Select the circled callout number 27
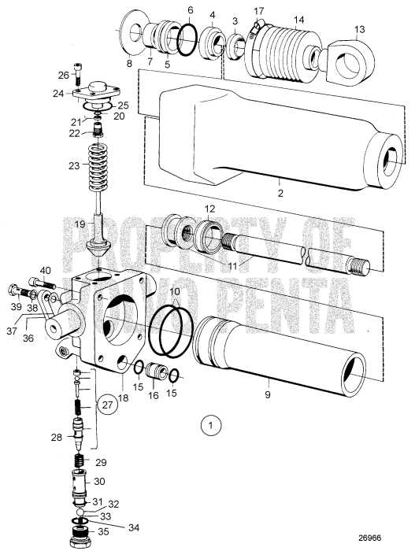point(109,405)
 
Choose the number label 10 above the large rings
point(176,292)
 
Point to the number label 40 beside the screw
point(45,270)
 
